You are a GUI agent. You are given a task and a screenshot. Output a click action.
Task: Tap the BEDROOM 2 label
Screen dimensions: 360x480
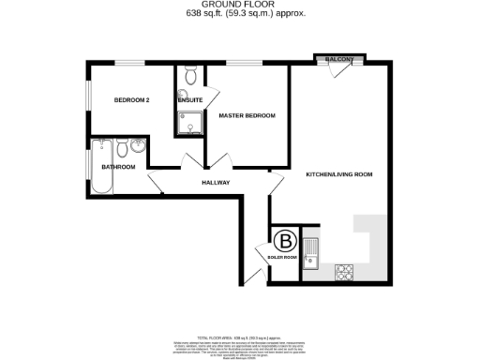tap(132, 99)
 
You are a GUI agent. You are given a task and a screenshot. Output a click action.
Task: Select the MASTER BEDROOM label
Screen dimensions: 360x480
tap(247, 115)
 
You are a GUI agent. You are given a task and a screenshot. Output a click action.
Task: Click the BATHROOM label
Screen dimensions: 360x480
tap(119, 167)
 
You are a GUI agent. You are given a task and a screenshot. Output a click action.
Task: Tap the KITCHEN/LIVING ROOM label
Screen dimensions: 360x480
tap(339, 173)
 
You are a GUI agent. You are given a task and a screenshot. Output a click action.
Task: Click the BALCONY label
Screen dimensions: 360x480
tap(338, 60)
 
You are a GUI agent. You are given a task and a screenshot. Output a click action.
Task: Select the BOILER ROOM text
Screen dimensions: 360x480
tap(282, 257)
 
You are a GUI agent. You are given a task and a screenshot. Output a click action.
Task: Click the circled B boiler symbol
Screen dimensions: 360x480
tap(283, 240)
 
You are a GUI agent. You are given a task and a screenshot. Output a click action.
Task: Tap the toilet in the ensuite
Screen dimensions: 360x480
tap(190, 76)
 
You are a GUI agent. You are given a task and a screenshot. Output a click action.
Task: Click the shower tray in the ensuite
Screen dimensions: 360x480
tap(190, 124)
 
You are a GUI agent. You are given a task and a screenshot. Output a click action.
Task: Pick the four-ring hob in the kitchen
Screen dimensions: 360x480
tap(344, 272)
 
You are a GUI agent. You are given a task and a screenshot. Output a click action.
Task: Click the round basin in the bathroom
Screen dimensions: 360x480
tap(137, 146)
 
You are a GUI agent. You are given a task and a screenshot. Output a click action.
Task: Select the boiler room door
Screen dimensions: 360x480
tap(263, 251)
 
